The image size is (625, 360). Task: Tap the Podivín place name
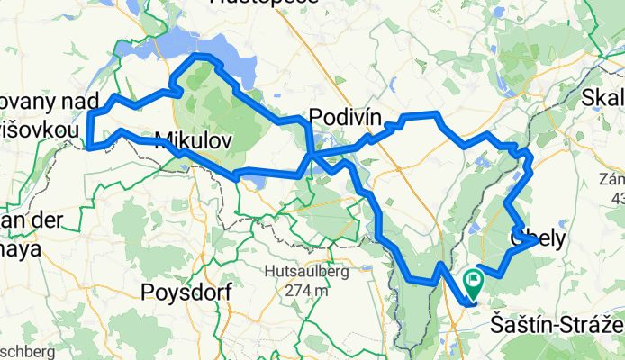pos(346,116)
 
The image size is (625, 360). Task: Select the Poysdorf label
pos(186,292)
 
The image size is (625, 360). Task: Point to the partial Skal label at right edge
pos(603,97)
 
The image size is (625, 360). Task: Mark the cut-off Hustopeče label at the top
pos(263,3)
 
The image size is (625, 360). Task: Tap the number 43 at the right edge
pos(617,197)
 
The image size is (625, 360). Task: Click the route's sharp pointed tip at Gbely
pos(539,241)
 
